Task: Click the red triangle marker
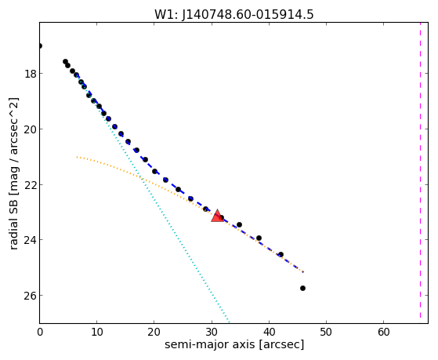pyautogui.click(x=217, y=216)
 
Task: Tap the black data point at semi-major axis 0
pyautogui.click(x=40, y=45)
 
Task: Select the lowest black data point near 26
pyautogui.click(x=302, y=288)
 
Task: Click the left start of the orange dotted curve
pyautogui.click(x=77, y=157)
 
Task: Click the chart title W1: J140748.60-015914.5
pyautogui.click(x=234, y=14)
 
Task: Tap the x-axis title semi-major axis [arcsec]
pyautogui.click(x=234, y=344)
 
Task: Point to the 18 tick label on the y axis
pyautogui.click(x=30, y=74)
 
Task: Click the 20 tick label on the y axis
pyautogui.click(x=30, y=129)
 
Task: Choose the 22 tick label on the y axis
pyautogui.click(x=30, y=185)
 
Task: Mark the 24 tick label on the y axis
pyautogui.click(x=30, y=240)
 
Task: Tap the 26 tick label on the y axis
pyautogui.click(x=30, y=296)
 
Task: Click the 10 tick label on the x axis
pyautogui.click(x=96, y=332)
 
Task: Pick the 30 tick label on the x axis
pyautogui.click(x=212, y=332)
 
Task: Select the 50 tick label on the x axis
pyautogui.click(x=326, y=332)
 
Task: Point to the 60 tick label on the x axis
pyautogui.click(x=383, y=332)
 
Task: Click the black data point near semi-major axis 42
pyautogui.click(x=281, y=255)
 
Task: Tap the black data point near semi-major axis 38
pyautogui.click(x=259, y=238)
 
